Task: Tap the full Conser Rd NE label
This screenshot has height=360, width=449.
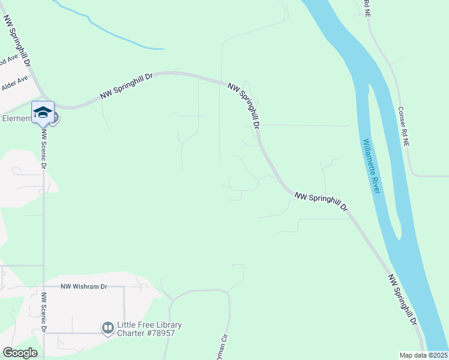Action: (x=403, y=127)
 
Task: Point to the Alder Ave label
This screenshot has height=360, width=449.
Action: (x=15, y=83)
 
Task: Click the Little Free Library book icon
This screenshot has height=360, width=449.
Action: (x=108, y=328)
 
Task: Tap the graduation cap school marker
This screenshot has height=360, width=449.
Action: (x=43, y=113)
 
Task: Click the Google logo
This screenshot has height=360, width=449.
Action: (x=20, y=353)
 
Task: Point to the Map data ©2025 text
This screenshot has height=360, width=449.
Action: (x=423, y=355)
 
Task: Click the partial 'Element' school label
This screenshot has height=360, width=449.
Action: (x=16, y=118)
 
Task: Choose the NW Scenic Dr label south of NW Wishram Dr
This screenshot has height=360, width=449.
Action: (x=44, y=313)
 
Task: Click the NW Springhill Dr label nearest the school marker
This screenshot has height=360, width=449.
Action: (x=127, y=86)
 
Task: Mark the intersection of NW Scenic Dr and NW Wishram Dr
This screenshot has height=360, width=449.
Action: (x=44, y=287)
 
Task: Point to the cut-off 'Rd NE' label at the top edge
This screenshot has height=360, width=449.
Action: (x=367, y=8)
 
